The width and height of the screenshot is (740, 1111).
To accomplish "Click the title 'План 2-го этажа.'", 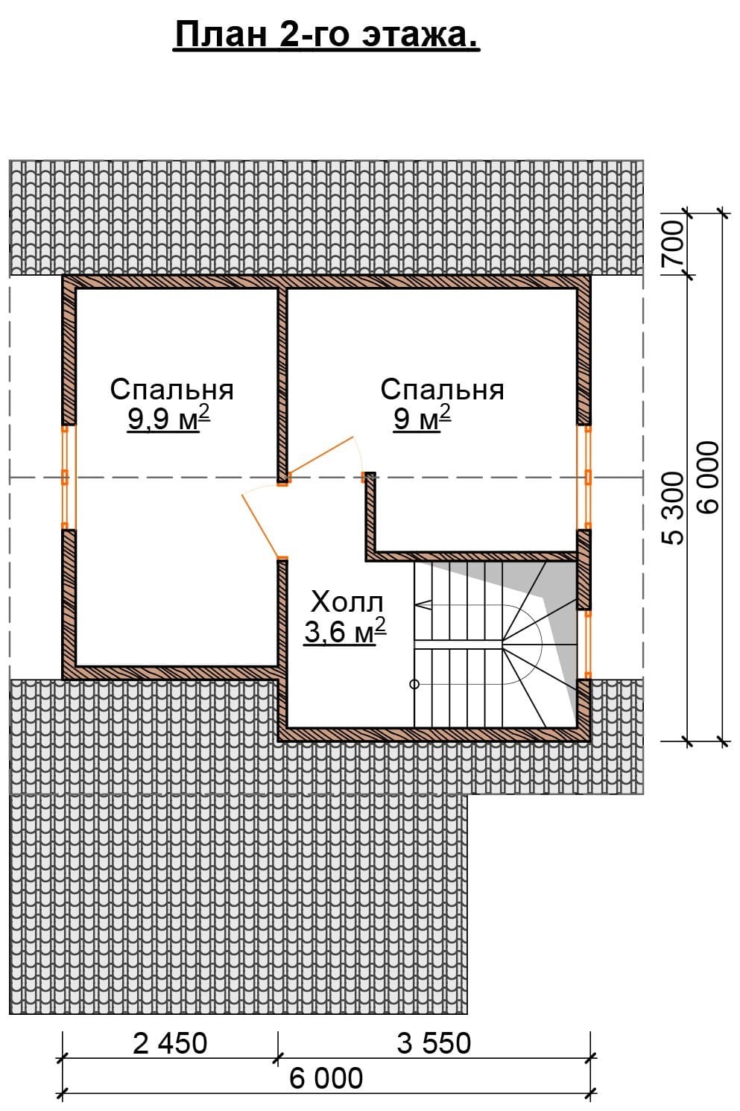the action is (x=326, y=36).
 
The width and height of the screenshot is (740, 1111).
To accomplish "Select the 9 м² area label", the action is (x=422, y=420).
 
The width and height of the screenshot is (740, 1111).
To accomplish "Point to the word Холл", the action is (x=347, y=602).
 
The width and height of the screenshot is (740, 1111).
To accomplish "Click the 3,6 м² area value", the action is (x=345, y=632).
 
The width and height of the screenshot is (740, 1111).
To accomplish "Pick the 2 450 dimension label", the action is (x=170, y=1043).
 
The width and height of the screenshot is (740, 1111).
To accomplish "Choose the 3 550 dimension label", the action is (x=434, y=1043).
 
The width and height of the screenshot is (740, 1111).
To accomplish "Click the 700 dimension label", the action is (x=673, y=242).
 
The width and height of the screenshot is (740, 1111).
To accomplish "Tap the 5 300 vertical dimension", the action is (x=673, y=508).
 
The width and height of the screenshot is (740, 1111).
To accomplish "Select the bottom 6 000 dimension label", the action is (x=326, y=1079).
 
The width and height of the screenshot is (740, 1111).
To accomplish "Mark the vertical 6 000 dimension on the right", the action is (x=707, y=477).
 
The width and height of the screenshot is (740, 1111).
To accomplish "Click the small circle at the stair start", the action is (x=414, y=684).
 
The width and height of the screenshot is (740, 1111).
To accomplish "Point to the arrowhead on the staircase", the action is (x=423, y=605).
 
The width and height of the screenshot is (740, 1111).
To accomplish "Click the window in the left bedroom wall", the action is (x=68, y=477).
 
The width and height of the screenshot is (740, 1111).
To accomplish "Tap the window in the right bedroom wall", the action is (x=585, y=477).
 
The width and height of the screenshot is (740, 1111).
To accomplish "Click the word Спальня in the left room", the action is (x=171, y=390).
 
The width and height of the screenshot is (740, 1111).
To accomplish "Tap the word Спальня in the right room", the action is (x=442, y=390).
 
